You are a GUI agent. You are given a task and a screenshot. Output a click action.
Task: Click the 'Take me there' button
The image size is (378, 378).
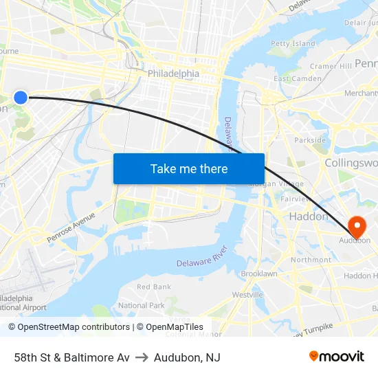click(189, 168)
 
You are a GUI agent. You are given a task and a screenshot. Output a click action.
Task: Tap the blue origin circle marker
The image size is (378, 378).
click(21, 98)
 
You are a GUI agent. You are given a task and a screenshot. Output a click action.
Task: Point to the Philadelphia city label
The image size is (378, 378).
click(173, 74)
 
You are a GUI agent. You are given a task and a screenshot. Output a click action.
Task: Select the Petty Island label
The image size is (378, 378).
click(293, 43)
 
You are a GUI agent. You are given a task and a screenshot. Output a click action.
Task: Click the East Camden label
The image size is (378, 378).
click(298, 78)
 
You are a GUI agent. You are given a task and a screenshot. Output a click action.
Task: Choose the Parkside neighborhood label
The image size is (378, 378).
click(310, 140)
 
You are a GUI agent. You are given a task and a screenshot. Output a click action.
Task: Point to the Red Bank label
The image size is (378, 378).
click(154, 287)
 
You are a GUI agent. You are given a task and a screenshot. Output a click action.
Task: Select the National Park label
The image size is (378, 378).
click(142, 305)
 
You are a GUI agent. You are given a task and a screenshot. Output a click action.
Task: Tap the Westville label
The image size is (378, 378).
click(247, 294)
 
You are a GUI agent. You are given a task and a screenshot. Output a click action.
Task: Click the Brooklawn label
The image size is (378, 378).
click(259, 274)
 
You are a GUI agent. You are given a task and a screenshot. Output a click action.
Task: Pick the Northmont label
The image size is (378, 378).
click(311, 260)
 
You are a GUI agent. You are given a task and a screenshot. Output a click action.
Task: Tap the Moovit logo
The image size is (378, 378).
click(336, 356)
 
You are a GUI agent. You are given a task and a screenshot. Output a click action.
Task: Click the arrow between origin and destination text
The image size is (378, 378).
click(142, 357)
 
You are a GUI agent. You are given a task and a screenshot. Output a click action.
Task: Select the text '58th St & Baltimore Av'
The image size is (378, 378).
click(71, 357)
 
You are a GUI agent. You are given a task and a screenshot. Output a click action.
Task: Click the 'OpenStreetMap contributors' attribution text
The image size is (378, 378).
click(74, 327)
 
